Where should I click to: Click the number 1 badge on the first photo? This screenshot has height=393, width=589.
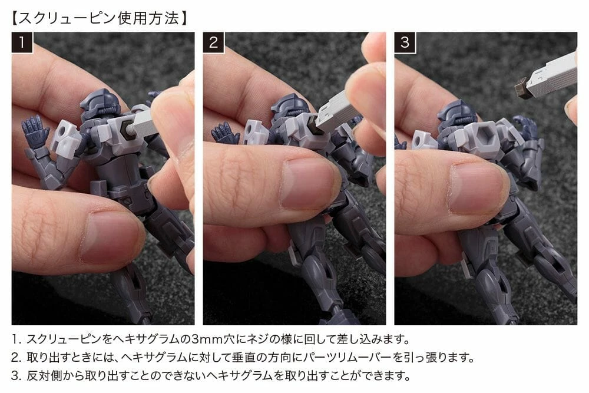tap(22, 42)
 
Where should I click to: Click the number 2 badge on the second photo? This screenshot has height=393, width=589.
tap(213, 42)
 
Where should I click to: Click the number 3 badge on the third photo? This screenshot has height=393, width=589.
tap(405, 42)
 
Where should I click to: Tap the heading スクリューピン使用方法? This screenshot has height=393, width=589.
tap(99, 18)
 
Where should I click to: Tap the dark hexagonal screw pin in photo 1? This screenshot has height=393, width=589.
tap(128, 130)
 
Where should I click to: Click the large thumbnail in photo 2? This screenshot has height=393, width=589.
tap(307, 183)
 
